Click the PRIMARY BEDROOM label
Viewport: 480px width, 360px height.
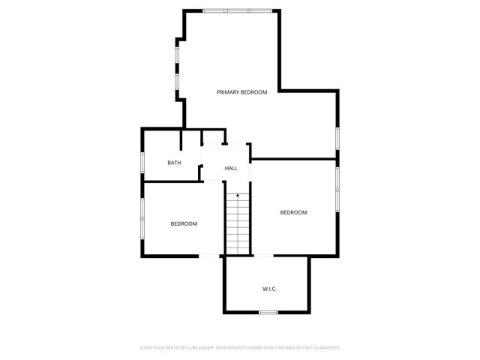click(241, 92)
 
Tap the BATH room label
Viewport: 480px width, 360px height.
click(174, 163)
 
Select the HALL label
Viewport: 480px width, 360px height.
click(231, 168)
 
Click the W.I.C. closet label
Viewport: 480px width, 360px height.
click(269, 289)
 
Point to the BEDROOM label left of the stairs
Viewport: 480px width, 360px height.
click(184, 223)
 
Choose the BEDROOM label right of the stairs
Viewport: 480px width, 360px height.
click(293, 212)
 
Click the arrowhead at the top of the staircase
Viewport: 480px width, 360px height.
click(238, 195)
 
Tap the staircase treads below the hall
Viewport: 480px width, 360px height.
click(238, 225)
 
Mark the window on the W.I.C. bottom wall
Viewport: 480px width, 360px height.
click(268, 312)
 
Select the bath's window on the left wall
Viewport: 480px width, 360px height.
click(142, 163)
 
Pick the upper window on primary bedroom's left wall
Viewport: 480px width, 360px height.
click(177, 54)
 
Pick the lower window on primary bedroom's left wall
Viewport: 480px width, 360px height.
click(177, 81)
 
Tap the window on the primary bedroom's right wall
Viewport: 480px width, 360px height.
click(337, 138)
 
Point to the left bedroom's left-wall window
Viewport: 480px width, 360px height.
click(142, 219)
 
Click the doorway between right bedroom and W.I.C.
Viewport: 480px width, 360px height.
click(264, 256)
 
